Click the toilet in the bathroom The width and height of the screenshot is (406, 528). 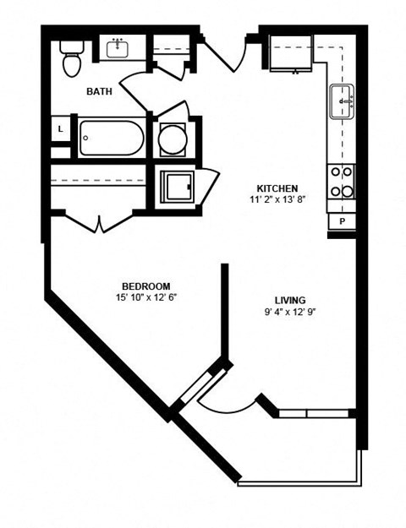click(x=70, y=58)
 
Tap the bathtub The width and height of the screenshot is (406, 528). click(x=112, y=138)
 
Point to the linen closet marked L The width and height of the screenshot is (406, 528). click(x=60, y=129)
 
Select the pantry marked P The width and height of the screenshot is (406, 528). click(x=342, y=220)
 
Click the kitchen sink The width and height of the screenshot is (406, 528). click(x=342, y=101)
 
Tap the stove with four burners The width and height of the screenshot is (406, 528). click(x=342, y=181)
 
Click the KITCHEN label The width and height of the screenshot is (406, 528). click(x=276, y=188)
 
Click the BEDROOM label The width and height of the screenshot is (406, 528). click(x=145, y=286)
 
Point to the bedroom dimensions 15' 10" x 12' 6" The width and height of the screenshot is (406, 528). click(x=145, y=297)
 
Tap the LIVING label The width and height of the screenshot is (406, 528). click(x=290, y=300)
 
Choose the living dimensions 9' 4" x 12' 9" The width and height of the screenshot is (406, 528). click(x=290, y=312)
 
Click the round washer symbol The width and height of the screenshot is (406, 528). click(x=173, y=139)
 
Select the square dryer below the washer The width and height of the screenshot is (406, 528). click(x=178, y=185)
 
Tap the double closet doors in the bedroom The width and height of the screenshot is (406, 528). click(x=100, y=222)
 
